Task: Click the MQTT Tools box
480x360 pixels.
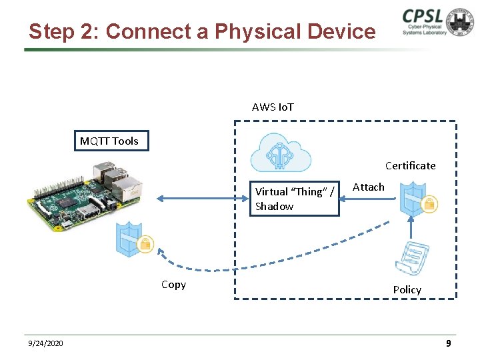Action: coord(110,141)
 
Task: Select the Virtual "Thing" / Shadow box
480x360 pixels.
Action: coord(295,199)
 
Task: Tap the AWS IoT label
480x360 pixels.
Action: coord(273,107)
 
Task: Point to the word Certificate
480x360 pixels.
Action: coord(410,165)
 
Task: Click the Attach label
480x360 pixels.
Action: coord(368,187)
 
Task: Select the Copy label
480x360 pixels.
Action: coord(173,285)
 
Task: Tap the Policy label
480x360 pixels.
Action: coord(407,289)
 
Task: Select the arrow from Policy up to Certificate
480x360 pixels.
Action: coord(412,227)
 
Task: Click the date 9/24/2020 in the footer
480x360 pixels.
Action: coord(46,343)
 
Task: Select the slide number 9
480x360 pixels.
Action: coord(449,343)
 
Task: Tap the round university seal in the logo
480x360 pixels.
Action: coord(460,22)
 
